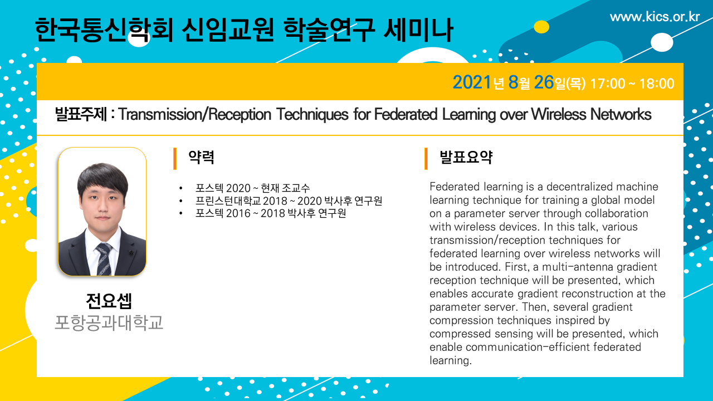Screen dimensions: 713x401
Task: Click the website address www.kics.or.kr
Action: pyautogui.click(x=655, y=17)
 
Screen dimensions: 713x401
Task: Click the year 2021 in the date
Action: pyautogui.click(x=472, y=82)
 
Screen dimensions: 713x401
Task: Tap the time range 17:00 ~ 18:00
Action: pyautogui.click(x=632, y=84)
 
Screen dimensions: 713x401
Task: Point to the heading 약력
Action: pyautogui.click(x=201, y=157)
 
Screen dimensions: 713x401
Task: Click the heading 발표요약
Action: pyautogui.click(x=466, y=157)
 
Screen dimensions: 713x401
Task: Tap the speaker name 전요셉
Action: pyautogui.click(x=109, y=301)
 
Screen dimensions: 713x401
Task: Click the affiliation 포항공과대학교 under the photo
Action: pyautogui.click(x=109, y=322)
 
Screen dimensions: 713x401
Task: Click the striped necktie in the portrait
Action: pyautogui.click(x=104, y=259)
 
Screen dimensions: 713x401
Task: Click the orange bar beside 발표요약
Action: pyautogui.click(x=426, y=159)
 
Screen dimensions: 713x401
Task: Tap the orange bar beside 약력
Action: pyautogui.click(x=175, y=159)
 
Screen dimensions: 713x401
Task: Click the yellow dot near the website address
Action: pyautogui.click(x=541, y=27)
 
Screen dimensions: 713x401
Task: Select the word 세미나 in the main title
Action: pyautogui.click(x=418, y=30)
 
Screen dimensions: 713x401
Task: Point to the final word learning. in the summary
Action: pyautogui.click(x=451, y=360)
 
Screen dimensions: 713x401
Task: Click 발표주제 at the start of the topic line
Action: pyautogui.click(x=81, y=114)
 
